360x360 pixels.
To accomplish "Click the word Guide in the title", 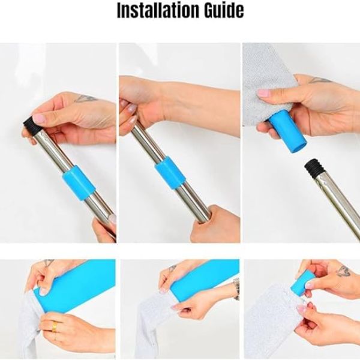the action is tap(224, 11).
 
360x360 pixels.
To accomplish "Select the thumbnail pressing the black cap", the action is tap(38, 118).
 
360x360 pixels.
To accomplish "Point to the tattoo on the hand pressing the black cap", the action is tap(85, 98).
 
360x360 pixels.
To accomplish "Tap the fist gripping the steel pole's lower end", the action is tap(214, 224).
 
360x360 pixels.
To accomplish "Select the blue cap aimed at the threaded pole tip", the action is tap(287, 134).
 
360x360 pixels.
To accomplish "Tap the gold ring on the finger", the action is tap(54, 326).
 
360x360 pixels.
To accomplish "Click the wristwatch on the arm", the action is tap(236, 289).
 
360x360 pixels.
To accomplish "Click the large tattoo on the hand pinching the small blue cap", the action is tap(343, 271).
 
